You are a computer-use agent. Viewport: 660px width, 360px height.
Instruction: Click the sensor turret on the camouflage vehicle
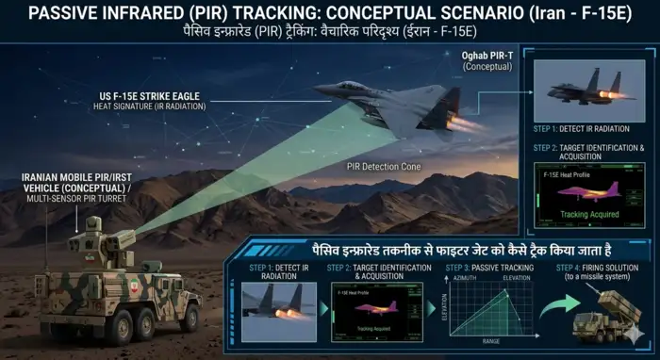click(94, 232)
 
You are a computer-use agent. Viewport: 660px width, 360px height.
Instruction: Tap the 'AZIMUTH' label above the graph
click(465, 281)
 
